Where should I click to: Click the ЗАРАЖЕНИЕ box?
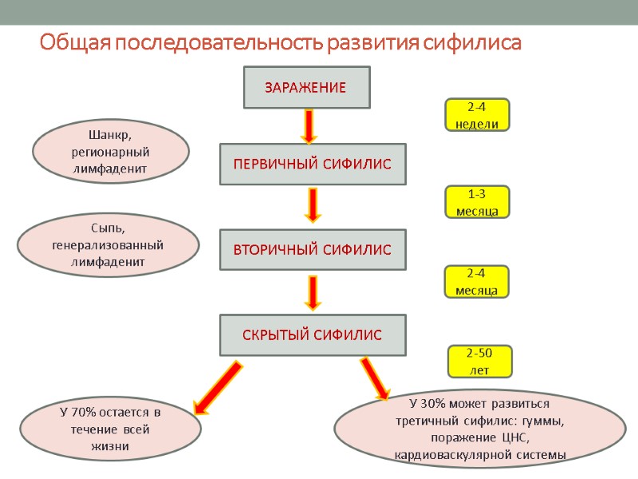306,87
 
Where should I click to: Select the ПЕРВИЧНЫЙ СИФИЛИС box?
313,164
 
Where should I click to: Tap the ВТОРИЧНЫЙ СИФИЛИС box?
313,250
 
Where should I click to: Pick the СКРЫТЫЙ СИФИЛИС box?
313,335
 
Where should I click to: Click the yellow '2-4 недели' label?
476,115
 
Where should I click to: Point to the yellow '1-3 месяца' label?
476,203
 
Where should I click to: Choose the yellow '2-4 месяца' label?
476,282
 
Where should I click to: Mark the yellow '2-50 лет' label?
478,362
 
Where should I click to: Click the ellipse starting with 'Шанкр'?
110,152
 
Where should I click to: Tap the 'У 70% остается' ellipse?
110,430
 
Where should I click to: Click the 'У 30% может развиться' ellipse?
479,429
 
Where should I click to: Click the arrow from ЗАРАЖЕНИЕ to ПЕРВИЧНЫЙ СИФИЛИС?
308,125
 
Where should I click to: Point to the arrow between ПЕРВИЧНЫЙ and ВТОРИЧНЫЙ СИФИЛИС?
313,206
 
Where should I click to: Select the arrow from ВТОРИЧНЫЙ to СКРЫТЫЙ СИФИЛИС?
313,293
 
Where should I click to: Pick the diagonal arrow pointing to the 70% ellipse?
218,386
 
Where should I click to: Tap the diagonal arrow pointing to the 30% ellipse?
375,378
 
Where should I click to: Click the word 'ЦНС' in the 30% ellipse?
519,438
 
